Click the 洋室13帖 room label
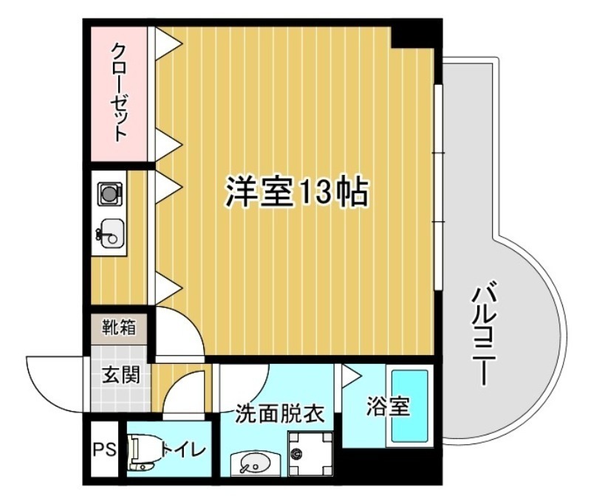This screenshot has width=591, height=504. tap(296, 193)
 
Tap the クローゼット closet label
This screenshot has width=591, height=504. tap(120, 92)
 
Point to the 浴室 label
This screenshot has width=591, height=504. tap(388, 407)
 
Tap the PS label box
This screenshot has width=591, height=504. tap(104, 449)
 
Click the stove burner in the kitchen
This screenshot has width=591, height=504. tap(109, 194)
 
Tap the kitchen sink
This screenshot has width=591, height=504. tap(110, 235)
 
